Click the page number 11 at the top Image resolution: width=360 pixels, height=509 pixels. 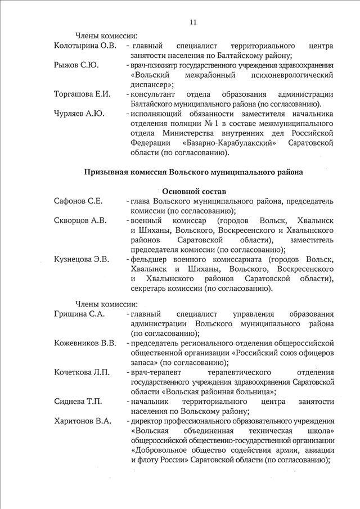pos(193,22)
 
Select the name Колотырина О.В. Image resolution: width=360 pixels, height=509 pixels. pos(85,45)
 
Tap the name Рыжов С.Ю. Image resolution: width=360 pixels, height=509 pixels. pos(76,65)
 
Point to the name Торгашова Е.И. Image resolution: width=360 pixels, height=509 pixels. pos(82,94)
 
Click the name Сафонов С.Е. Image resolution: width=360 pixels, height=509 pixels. pos(78,201)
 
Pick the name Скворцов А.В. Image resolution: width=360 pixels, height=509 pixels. pos(80,220)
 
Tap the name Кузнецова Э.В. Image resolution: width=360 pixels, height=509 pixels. pos(82,259)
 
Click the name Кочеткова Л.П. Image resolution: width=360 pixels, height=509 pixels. pos(82,372)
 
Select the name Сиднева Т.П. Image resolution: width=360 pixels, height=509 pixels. pos(78,402)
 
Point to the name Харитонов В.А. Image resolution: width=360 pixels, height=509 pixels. pos(83,421)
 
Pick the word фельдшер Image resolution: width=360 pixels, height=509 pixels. pos(151,259)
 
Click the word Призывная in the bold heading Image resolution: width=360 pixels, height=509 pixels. pos(106,172)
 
